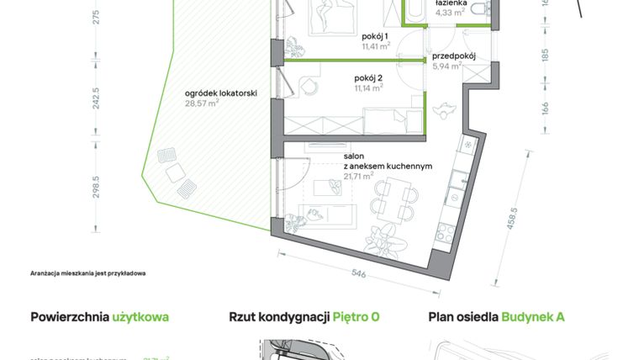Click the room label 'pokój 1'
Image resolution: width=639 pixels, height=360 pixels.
pos(374,36)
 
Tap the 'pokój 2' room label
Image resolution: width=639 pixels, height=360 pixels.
pos(368,77)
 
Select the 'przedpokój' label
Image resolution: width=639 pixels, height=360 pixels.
pos(454,56)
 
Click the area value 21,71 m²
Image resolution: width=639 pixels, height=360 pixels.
pos(359,176)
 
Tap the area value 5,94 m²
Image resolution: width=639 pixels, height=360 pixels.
pos(447,66)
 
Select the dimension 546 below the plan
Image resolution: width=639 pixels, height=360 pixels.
pos(357,273)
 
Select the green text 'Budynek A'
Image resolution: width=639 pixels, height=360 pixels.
pos(533,317)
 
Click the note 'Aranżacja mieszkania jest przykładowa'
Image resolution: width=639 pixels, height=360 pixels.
pos(88,274)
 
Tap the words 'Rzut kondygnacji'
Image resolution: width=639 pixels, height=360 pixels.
pos(278,317)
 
